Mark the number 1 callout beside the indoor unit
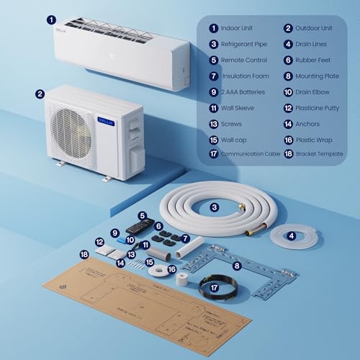50,21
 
